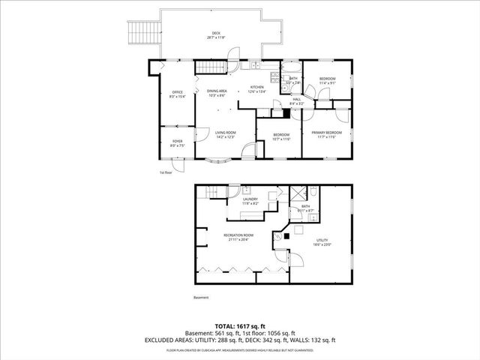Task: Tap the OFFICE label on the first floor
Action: (177, 92)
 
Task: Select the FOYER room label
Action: (177, 139)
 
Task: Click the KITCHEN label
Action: (257, 87)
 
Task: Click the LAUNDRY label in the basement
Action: (250, 199)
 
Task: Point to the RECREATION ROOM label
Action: (238, 235)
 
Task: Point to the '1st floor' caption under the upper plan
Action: (165, 172)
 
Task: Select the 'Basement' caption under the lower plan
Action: (201, 298)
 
